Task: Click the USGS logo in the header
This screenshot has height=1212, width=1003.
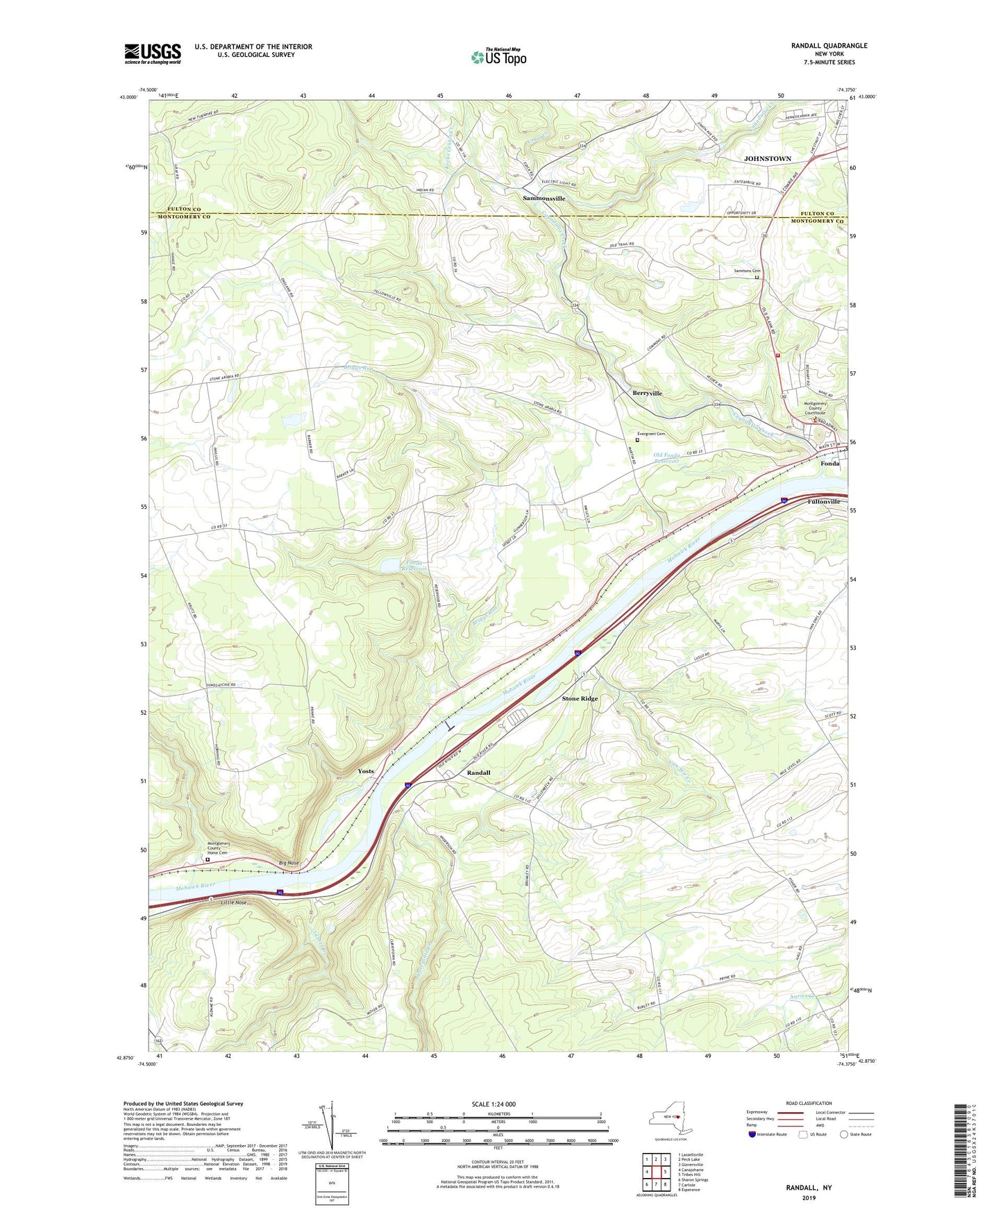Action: point(153,53)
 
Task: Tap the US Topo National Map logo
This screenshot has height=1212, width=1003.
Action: point(498,57)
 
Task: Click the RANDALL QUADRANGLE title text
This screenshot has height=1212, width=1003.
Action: point(829,46)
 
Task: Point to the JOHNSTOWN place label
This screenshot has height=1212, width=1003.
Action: point(767,159)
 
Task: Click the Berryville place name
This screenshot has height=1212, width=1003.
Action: point(647,393)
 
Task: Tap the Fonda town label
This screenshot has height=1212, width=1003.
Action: point(829,463)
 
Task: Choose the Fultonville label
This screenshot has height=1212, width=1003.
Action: point(823,501)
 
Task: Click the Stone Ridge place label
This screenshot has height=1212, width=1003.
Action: point(580,698)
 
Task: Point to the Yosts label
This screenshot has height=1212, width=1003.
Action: point(365,771)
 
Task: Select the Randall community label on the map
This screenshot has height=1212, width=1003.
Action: point(478,773)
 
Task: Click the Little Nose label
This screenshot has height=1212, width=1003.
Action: point(233,902)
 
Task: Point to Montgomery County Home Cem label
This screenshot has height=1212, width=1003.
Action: point(219,848)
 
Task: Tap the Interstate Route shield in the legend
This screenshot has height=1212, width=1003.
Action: point(752,1134)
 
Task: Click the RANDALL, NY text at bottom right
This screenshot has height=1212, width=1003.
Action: point(809,1188)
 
